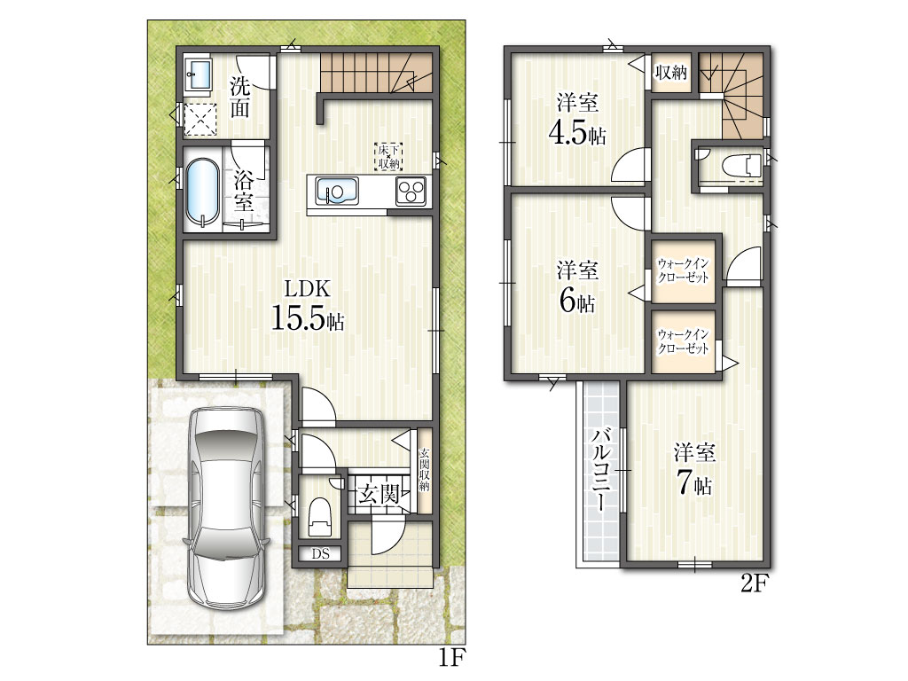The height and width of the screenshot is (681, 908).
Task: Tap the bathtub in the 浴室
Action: pyautogui.click(x=202, y=192)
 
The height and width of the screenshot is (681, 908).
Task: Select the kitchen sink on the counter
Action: pyautogui.click(x=336, y=192)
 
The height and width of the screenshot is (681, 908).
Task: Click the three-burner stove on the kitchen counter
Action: pyautogui.click(x=411, y=192)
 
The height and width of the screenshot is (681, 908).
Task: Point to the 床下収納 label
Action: pyautogui.click(x=388, y=156)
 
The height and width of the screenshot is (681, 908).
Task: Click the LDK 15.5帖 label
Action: pyautogui.click(x=308, y=305)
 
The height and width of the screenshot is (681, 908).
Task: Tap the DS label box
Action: pyautogui.click(x=321, y=554)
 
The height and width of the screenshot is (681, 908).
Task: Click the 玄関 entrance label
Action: pyautogui.click(x=379, y=495)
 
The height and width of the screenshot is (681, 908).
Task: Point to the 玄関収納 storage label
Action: pyautogui.click(x=425, y=470)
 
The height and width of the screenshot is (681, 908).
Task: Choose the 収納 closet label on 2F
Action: pyautogui.click(x=670, y=73)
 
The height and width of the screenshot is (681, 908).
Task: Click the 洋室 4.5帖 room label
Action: pyautogui.click(x=577, y=119)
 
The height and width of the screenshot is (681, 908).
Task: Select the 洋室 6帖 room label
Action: pyautogui.click(x=577, y=286)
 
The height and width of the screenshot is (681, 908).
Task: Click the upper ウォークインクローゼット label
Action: pyautogui.click(x=684, y=270)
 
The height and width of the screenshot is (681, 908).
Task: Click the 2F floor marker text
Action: pyautogui.click(x=754, y=583)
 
